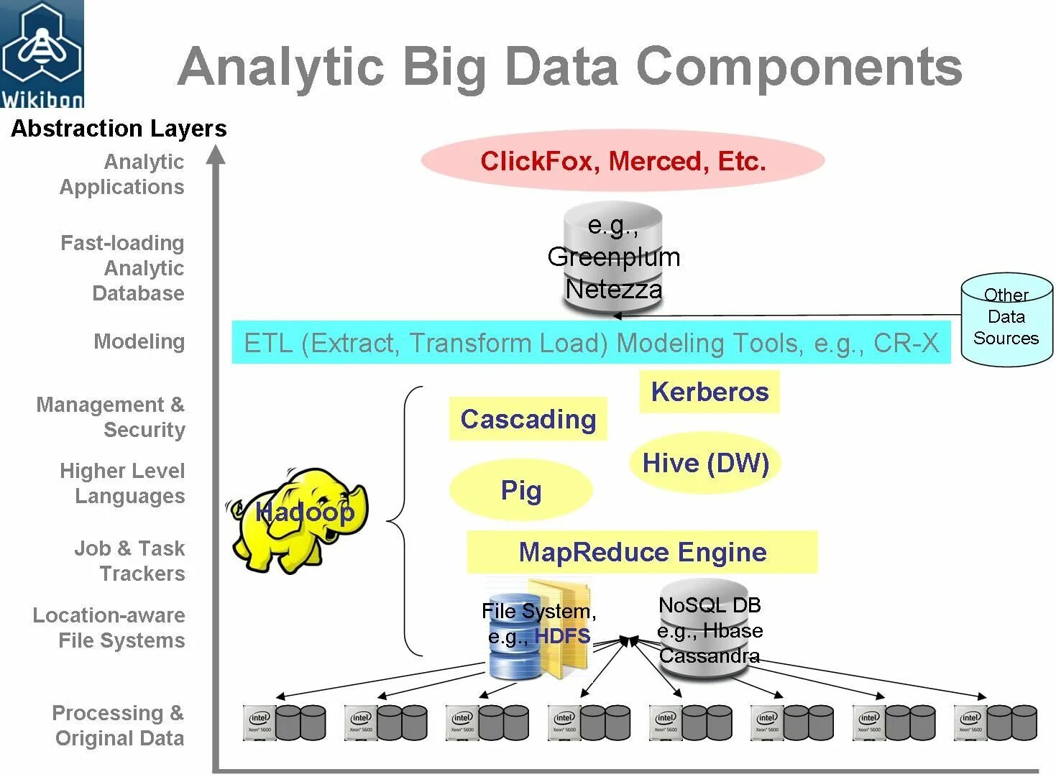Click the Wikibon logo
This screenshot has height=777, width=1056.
tap(42, 54)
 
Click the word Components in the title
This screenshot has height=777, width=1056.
tap(799, 67)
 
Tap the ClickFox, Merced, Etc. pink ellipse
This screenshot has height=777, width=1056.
tap(623, 161)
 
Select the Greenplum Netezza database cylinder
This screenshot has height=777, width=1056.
tap(613, 259)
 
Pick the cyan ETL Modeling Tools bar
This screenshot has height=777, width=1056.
tap(591, 343)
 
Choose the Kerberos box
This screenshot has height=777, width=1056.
tap(710, 392)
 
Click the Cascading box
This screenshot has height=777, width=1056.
tap(528, 419)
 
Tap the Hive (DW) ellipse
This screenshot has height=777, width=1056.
tap(705, 463)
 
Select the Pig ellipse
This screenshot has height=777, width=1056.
tap(521, 490)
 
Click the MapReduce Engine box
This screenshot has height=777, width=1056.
tap(642, 552)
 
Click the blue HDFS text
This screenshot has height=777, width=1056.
tap(562, 636)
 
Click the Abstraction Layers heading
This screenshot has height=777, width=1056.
tap(119, 129)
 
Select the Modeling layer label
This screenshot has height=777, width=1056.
tap(139, 341)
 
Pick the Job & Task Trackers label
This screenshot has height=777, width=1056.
tap(129, 561)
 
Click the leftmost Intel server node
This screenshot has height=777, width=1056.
tap(285, 722)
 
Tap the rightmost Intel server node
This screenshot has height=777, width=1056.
tap(996, 722)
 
